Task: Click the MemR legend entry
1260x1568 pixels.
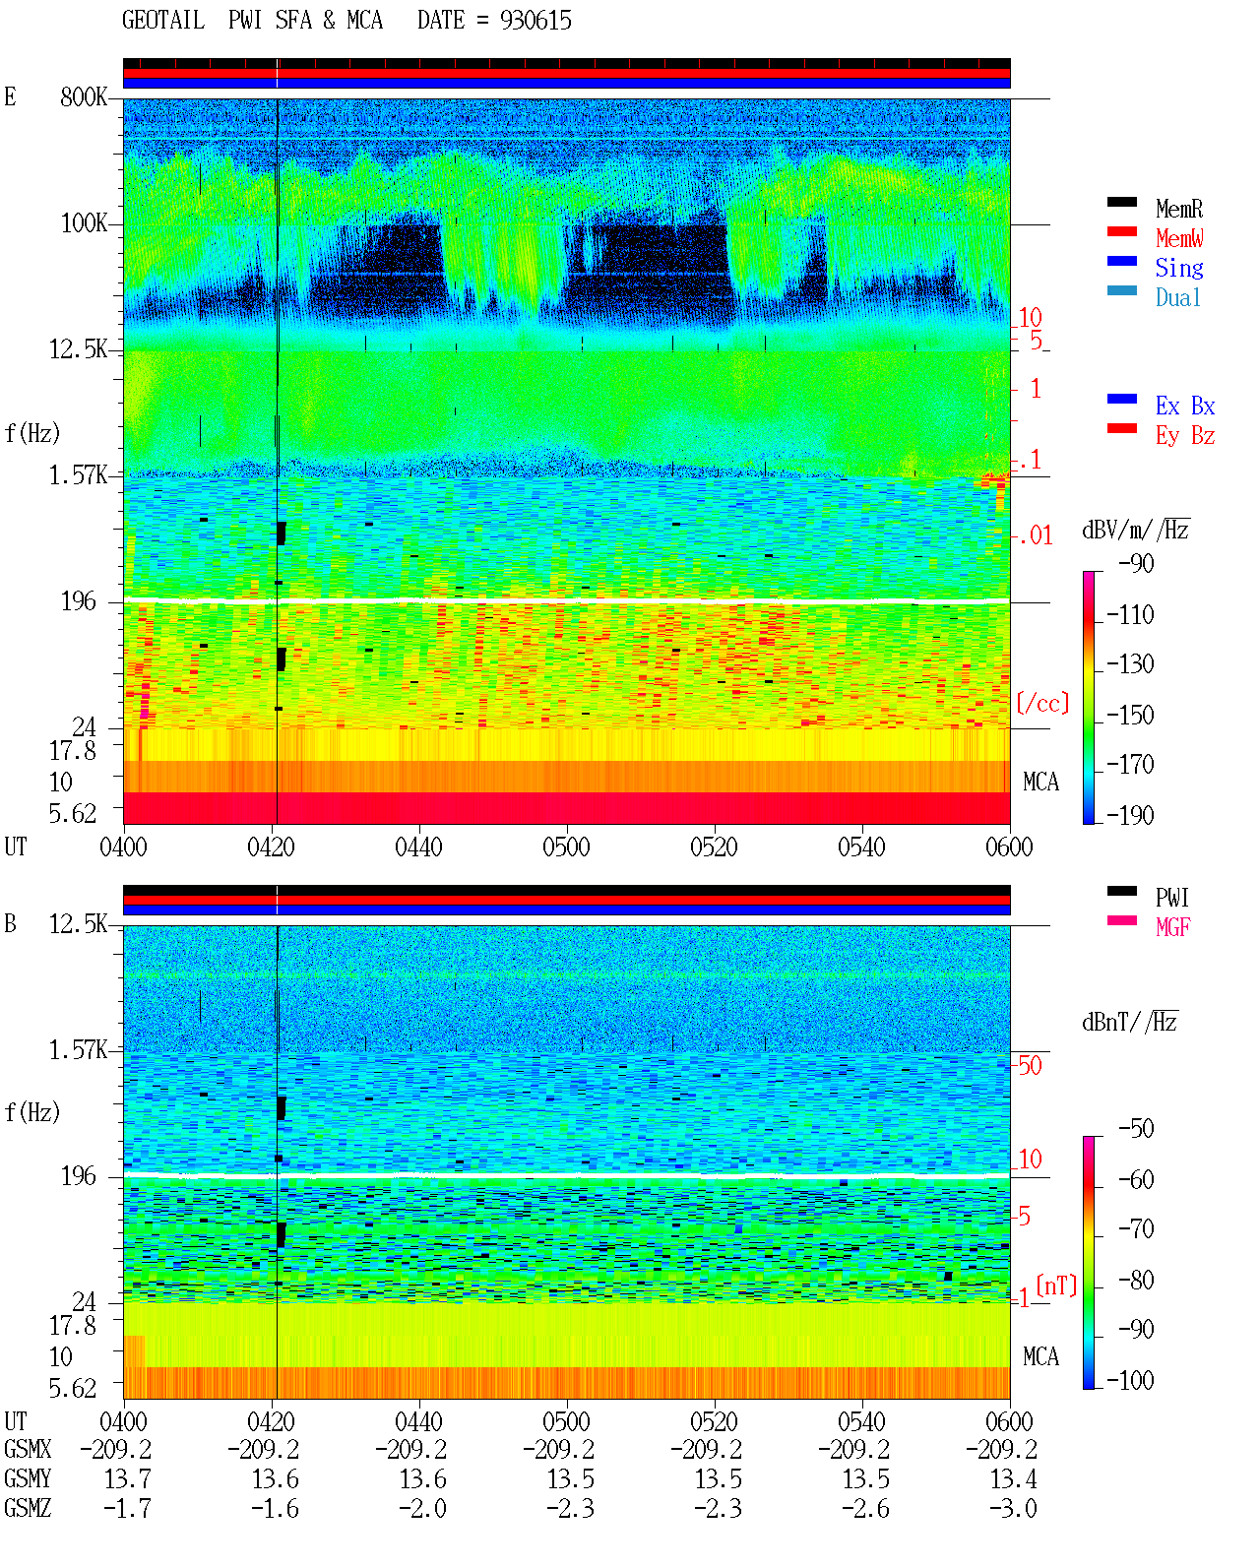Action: click(1178, 209)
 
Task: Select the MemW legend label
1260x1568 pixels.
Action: click(1179, 238)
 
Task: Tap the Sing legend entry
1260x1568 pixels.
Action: click(1178, 268)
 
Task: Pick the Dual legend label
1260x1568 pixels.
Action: click(1177, 297)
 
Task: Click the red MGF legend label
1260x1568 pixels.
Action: click(1172, 927)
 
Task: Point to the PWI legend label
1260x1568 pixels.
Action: click(1171, 898)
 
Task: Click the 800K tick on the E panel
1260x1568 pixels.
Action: click(84, 96)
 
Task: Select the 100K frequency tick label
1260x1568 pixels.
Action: click(84, 223)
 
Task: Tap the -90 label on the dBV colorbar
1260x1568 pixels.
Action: click(1136, 563)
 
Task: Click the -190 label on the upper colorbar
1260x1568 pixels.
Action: click(1130, 815)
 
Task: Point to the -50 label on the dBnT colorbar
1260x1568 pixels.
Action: click(1136, 1129)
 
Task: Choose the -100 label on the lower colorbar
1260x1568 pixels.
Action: click(1130, 1380)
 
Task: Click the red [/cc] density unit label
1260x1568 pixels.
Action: click(1042, 703)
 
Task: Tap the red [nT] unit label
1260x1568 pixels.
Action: click(1056, 1286)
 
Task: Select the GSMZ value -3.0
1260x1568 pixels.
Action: click(1013, 1508)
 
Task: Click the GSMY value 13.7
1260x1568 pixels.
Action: click(128, 1479)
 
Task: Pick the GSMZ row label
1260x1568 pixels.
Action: click(28, 1508)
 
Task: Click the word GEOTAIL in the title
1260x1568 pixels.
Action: click(163, 21)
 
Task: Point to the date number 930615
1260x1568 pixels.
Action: click(535, 21)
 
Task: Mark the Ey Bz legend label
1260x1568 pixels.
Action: click(1185, 436)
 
